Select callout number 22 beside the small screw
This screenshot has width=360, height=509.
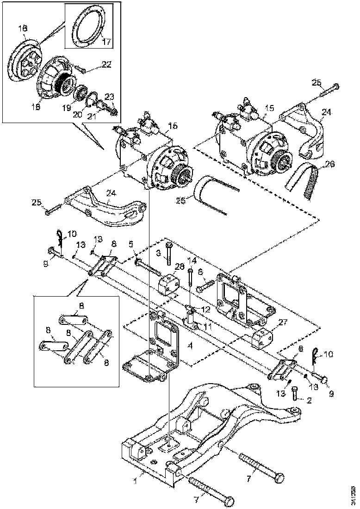pyautogui.click(x=107, y=65)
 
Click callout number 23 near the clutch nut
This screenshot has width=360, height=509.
pyautogui.click(x=110, y=97)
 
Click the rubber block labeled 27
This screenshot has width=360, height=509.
pyautogui.click(x=262, y=336)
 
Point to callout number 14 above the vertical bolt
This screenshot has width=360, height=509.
pyautogui.click(x=192, y=261)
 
